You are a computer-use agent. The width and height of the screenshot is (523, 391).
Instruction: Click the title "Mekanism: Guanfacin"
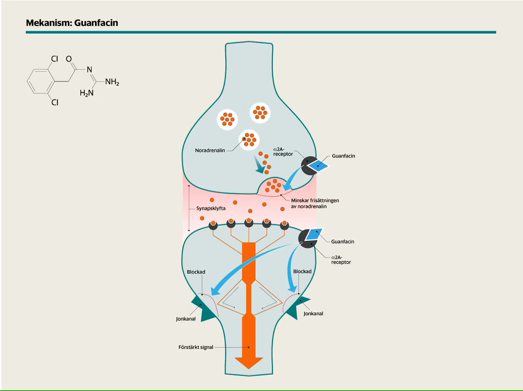click(x=72, y=23)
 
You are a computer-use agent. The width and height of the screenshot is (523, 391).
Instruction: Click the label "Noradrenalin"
click(x=210, y=150)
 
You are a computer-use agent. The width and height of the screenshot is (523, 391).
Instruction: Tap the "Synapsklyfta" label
click(x=211, y=208)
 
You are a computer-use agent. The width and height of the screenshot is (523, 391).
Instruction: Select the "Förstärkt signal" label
click(x=196, y=347)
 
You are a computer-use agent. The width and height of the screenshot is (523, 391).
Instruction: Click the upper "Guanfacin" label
click(x=343, y=156)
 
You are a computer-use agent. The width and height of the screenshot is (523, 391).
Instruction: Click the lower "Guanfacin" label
click(x=343, y=242)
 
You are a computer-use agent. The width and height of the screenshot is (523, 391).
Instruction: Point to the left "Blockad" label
click(x=196, y=272)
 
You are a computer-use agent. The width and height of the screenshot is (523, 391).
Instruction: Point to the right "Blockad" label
click(x=302, y=271)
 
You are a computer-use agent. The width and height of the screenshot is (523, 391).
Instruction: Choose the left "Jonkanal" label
click(x=186, y=319)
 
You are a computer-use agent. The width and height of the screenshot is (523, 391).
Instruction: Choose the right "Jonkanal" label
click(x=313, y=313)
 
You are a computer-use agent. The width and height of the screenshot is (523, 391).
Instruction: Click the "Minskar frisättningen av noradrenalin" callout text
click(x=315, y=203)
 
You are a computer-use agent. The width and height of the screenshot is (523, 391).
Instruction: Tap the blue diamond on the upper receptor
click(x=318, y=166)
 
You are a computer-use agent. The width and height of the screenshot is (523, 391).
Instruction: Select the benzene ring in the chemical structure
click(x=41, y=81)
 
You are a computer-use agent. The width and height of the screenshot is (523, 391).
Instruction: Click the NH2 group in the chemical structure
click(x=112, y=82)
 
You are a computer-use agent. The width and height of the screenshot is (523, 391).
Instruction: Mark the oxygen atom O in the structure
click(x=69, y=59)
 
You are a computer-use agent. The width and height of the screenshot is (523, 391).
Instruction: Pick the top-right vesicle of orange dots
click(x=260, y=113)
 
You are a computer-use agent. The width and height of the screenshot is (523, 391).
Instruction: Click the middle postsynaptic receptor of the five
click(x=249, y=222)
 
